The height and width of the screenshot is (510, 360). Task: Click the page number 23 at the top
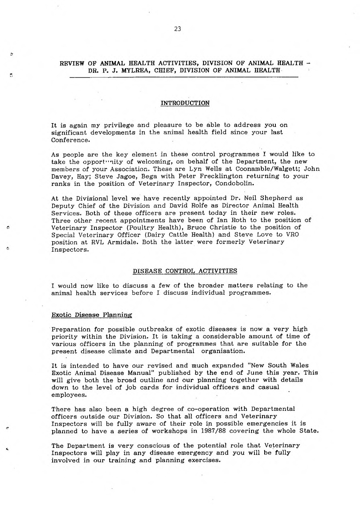click(177, 29)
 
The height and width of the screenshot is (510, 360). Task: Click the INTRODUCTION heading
click(185, 103)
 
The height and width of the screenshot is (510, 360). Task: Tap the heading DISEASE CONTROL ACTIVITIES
click(185, 271)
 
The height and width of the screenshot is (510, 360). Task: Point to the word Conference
click(70, 140)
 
